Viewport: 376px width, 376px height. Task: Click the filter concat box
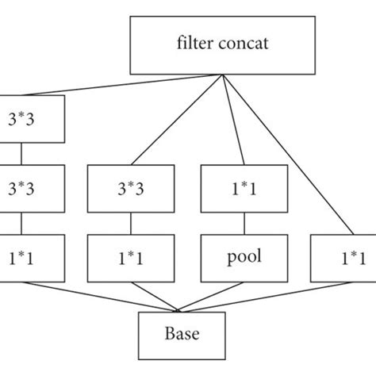pos(222,43)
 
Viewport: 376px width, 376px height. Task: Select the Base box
pos(182,336)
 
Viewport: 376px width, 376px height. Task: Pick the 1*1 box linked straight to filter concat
pos(342,258)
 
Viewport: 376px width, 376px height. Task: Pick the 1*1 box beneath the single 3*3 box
pos(129,258)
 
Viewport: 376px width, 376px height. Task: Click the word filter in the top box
pos(194,43)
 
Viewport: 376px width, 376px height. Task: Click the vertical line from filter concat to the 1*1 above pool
pos(230,119)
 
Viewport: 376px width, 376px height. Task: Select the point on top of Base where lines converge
pos(182,313)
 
